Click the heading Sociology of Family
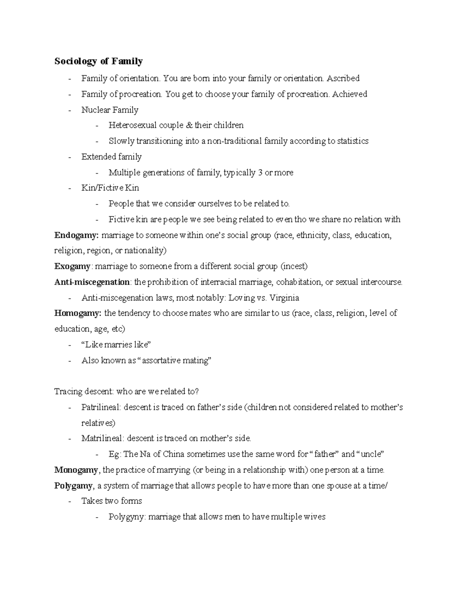[x=98, y=61]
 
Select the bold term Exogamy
[x=73, y=267]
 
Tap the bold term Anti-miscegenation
[x=92, y=282]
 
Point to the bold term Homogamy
[x=77, y=313]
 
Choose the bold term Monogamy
[x=76, y=470]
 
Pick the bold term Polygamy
[x=73, y=486]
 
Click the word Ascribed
[x=343, y=79]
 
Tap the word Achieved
[x=350, y=94]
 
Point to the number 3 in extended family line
[x=260, y=172]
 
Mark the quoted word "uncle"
[x=371, y=454]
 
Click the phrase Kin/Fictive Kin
[x=110, y=188]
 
